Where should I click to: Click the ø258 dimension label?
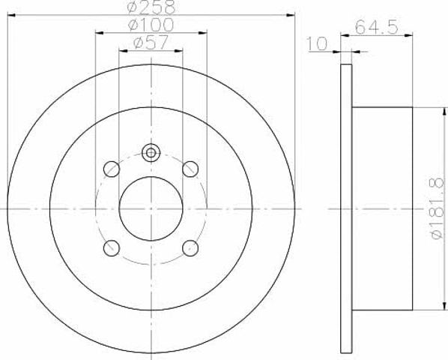[151, 7]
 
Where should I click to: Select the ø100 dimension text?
[151, 25]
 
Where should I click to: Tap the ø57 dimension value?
[151, 43]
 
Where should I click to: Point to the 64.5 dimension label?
[377, 28]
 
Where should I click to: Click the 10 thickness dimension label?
[317, 43]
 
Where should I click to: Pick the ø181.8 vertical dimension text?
[438, 208]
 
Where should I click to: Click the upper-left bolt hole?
[112, 169]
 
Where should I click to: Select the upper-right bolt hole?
[190, 169]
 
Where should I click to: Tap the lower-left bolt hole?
[112, 248]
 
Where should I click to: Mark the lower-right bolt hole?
[190, 248]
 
